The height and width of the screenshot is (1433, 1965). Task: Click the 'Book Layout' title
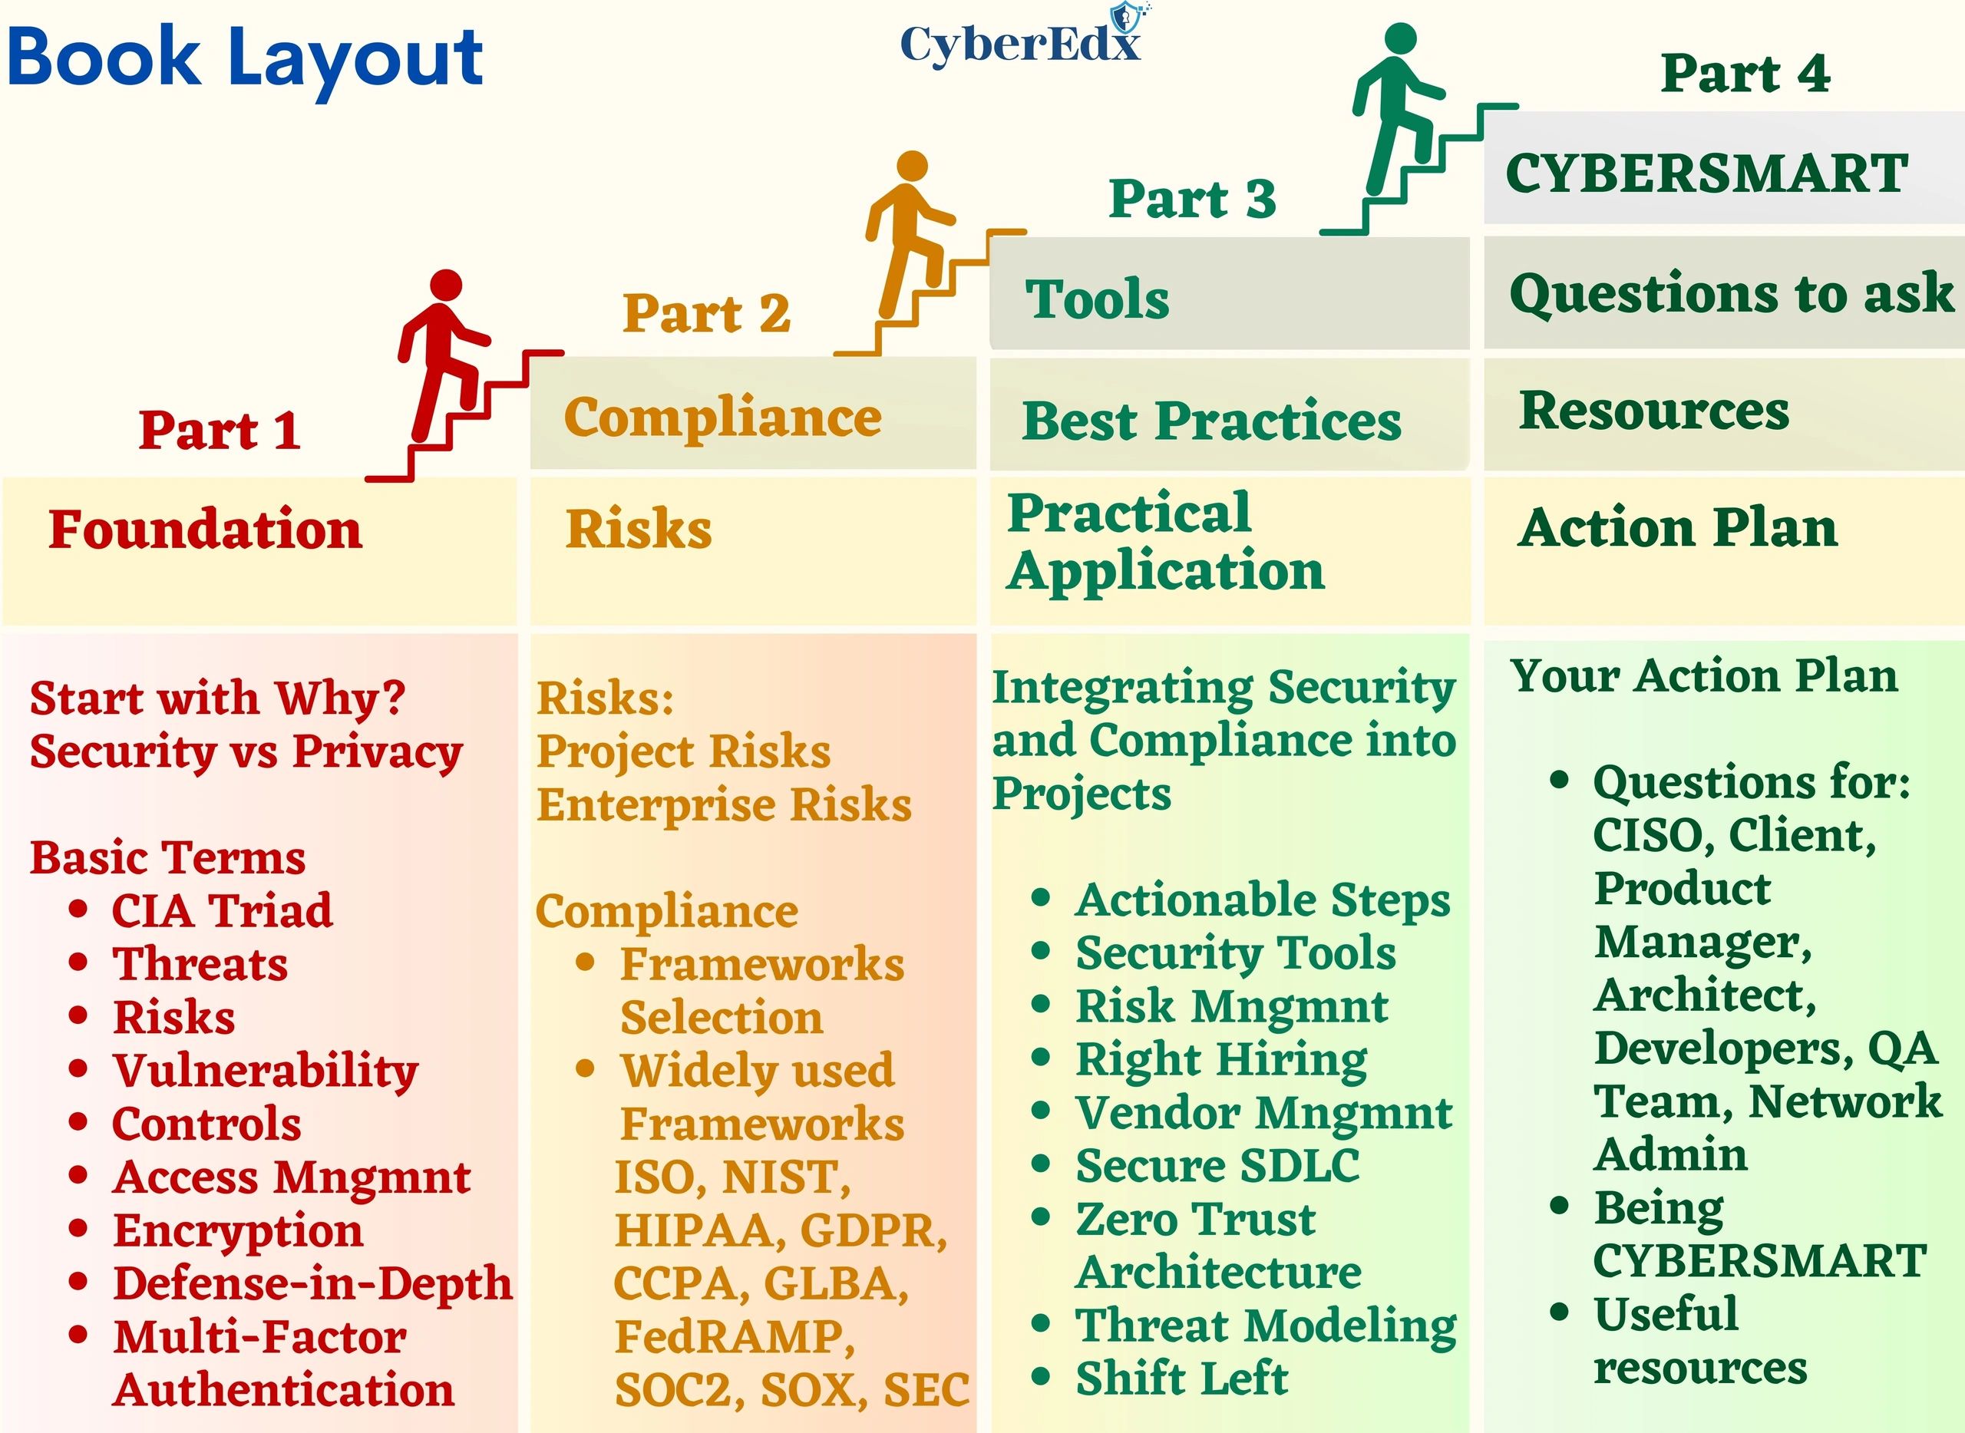coord(245,60)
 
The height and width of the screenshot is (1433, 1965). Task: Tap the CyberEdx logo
coord(1021,38)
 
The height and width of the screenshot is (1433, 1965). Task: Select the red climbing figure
coord(444,355)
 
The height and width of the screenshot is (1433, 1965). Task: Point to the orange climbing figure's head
coord(912,167)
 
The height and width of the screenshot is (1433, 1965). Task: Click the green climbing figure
coord(1399,109)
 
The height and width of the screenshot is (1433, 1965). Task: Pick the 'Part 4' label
coord(1745,72)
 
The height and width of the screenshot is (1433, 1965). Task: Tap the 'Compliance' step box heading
coord(722,418)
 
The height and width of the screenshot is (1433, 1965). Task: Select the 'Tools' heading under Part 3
coord(1098,299)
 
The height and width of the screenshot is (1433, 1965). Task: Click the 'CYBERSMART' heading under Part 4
coord(1706,173)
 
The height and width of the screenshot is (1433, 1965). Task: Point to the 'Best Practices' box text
coord(1211,421)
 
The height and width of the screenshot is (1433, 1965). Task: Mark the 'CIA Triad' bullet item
coord(222,911)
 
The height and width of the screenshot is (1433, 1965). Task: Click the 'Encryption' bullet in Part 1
coord(238,1231)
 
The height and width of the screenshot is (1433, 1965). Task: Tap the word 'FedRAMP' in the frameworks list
coord(734,1337)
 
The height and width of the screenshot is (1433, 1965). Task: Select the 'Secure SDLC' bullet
coord(1217,1166)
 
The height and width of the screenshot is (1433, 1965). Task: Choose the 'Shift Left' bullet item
coord(1181,1379)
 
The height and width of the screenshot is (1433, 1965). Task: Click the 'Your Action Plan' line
coord(1704,675)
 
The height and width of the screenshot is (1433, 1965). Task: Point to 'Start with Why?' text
coord(218,698)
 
